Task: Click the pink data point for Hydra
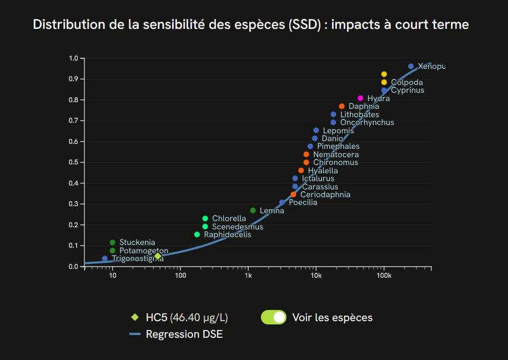tap(360, 98)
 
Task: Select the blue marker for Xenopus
tap(411, 66)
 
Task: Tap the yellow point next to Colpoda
tap(384, 82)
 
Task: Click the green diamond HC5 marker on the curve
tap(158, 256)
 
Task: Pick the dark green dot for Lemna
tap(253, 211)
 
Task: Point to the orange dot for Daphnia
tap(341, 106)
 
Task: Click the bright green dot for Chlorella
tap(205, 218)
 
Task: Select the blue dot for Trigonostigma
tap(105, 258)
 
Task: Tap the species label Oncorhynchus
tap(366, 122)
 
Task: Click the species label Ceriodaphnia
tap(325, 194)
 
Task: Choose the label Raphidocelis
tap(227, 234)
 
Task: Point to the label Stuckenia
tap(137, 242)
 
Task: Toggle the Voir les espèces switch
tap(273, 317)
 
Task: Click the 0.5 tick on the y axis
tap(73, 162)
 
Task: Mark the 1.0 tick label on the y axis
tap(73, 58)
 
